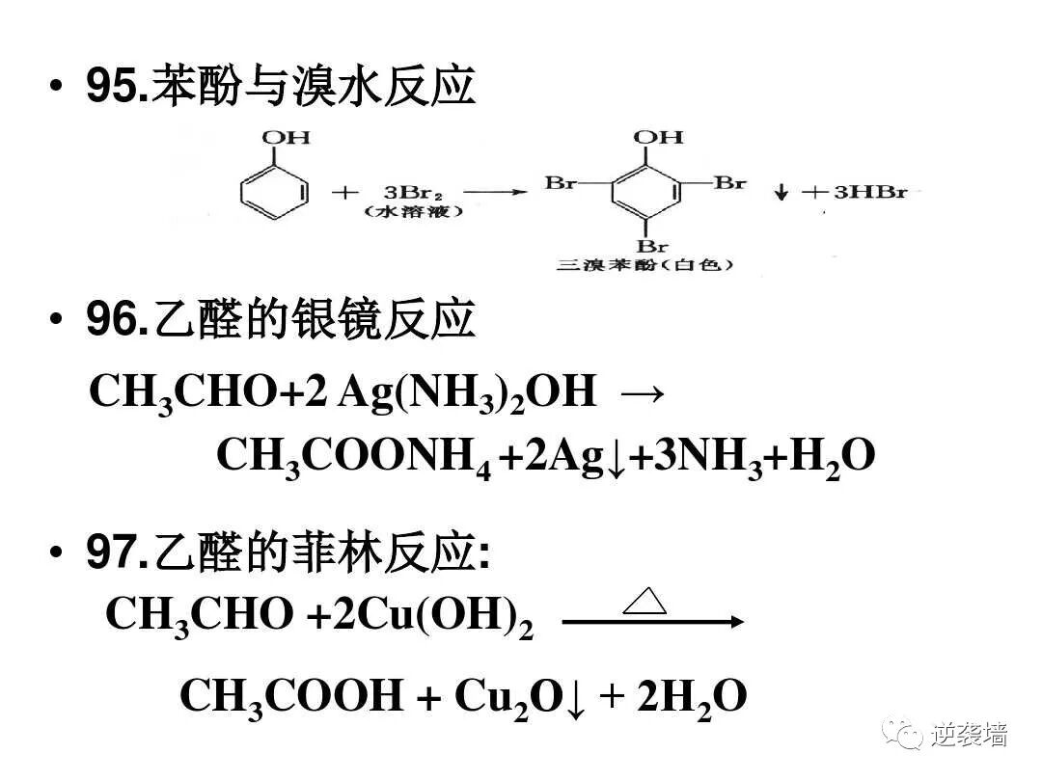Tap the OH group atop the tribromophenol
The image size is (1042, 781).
coord(659,137)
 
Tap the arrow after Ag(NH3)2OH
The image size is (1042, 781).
coord(643,393)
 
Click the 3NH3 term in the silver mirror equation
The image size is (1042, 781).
coord(703,456)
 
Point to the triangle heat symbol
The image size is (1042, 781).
coord(644,602)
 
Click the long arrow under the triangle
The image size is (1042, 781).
coord(652,623)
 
